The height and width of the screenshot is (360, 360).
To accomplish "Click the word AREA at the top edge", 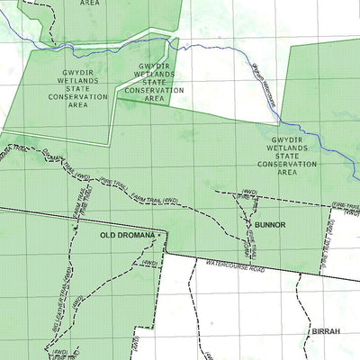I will [90, 4].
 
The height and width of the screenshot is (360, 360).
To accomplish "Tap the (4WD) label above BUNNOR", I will [249, 192].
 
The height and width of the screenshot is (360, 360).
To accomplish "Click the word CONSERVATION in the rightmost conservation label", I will [288, 164].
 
